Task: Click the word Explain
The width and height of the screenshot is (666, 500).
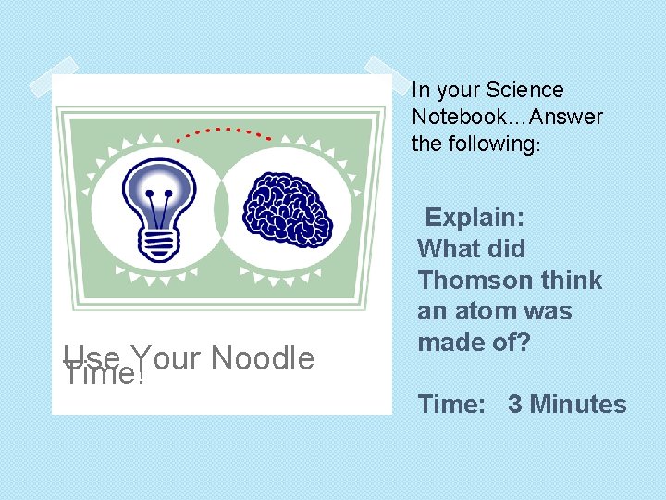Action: [475, 218]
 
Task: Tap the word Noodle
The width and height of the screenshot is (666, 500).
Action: [263, 358]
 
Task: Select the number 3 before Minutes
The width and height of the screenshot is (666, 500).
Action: [514, 405]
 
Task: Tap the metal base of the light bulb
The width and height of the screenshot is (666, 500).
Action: [161, 243]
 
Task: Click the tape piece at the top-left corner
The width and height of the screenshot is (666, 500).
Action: [53, 77]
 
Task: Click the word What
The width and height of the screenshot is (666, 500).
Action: [448, 249]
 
